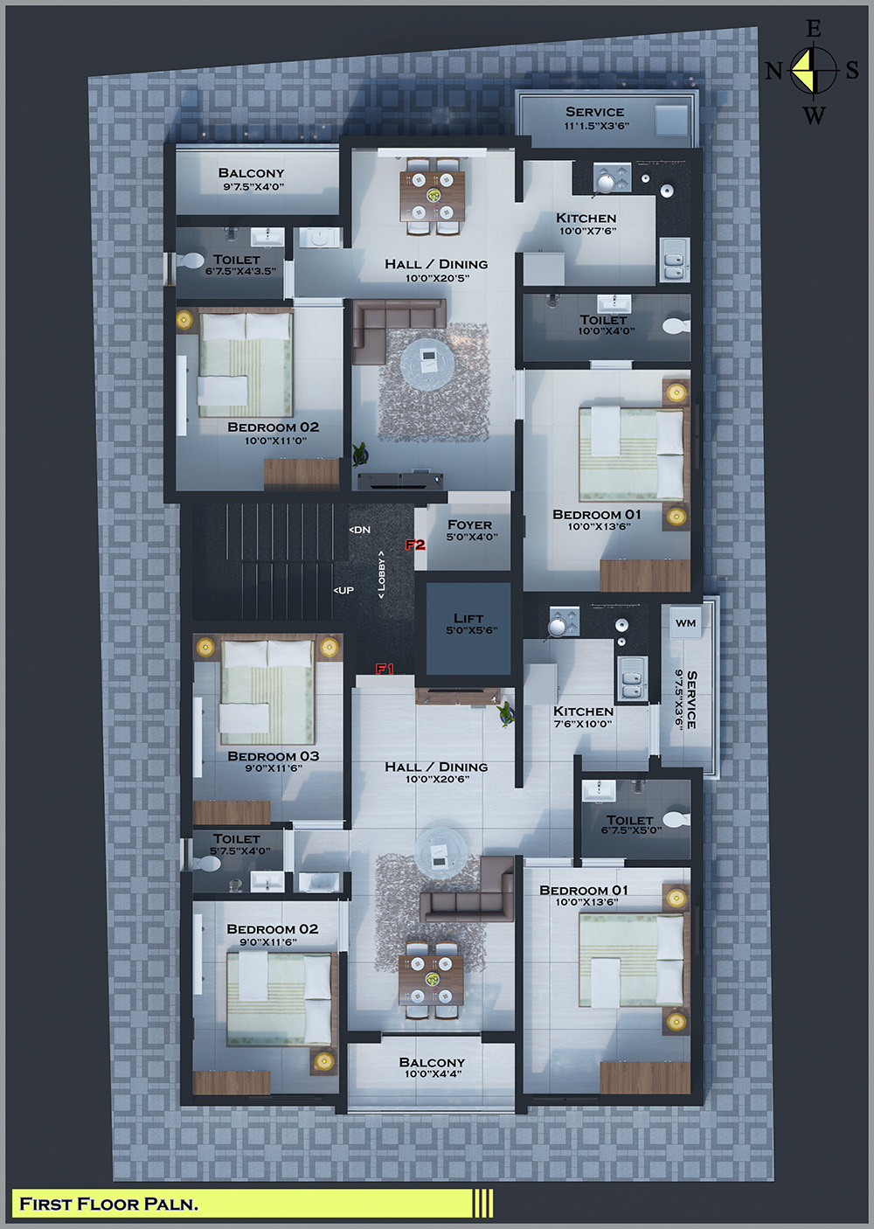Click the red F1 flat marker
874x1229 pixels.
385,669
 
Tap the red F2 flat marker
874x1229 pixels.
415,545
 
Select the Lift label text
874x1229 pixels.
468,618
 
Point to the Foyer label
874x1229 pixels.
469,524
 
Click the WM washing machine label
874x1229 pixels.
686,622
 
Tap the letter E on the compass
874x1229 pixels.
814,29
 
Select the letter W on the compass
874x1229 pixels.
814,115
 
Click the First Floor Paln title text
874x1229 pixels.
109,1204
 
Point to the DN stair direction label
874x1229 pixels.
359,530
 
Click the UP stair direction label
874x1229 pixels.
343,590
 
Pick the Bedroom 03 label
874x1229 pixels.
273,756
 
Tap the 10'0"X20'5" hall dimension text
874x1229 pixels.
437,278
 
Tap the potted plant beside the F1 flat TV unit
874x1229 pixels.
506,714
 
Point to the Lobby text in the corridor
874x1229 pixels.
381,574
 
